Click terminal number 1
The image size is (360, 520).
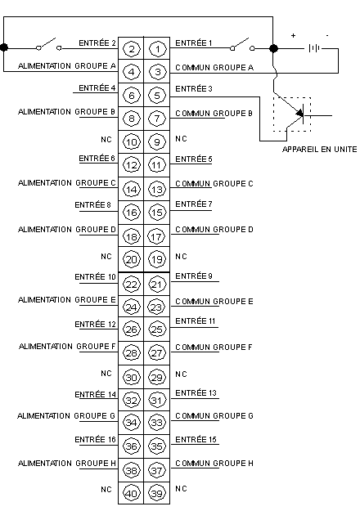(157, 49)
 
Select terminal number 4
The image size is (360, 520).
(132, 72)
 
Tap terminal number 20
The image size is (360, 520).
(132, 259)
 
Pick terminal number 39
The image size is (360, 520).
(156, 494)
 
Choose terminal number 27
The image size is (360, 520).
(156, 353)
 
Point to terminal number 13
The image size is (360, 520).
(156, 190)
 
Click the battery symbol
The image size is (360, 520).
(314, 48)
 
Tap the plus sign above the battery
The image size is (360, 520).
(293, 35)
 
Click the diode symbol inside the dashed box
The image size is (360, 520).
(300, 114)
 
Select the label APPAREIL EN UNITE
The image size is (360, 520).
(320, 150)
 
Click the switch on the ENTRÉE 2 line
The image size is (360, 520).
(49, 45)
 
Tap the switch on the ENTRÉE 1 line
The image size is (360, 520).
(242, 45)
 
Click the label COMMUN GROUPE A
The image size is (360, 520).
(214, 68)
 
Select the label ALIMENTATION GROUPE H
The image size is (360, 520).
(67, 463)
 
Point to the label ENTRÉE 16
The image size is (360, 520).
(95, 439)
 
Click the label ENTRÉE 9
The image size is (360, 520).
(194, 276)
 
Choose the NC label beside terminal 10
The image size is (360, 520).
(106, 139)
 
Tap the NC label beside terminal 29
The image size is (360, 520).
(181, 374)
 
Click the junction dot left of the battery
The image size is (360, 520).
(273, 48)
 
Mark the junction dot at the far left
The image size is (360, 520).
(3, 47)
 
